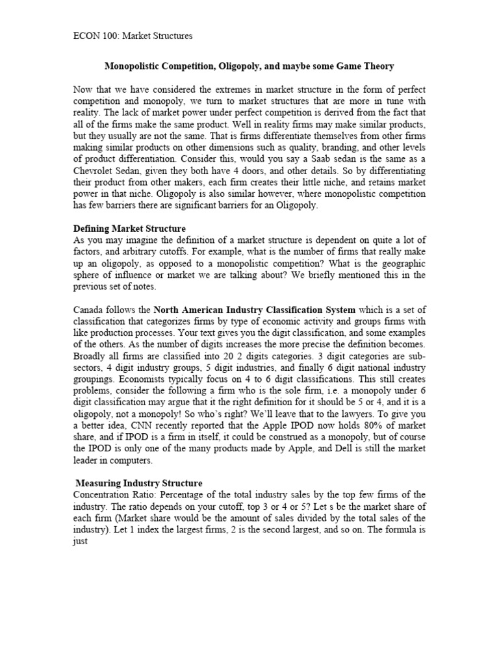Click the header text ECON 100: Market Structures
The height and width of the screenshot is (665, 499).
[133, 36]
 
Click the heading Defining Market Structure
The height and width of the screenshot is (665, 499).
[130, 229]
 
